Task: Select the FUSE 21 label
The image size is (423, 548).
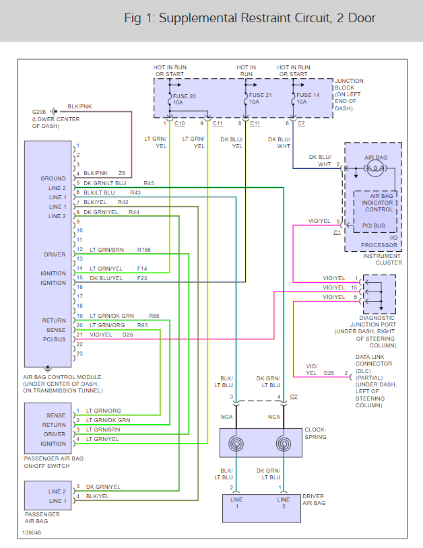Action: (x=259, y=96)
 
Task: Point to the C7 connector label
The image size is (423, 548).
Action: (x=300, y=123)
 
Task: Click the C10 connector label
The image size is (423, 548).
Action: (x=179, y=123)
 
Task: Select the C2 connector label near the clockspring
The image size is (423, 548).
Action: (x=293, y=397)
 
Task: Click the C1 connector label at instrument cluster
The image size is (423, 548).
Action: (x=337, y=232)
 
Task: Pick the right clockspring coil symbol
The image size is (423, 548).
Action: (x=284, y=444)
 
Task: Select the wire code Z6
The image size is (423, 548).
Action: (x=122, y=173)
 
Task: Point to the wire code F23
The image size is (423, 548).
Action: (x=142, y=278)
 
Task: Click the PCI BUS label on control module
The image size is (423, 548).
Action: (x=54, y=339)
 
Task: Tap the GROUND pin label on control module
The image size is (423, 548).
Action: (x=53, y=178)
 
